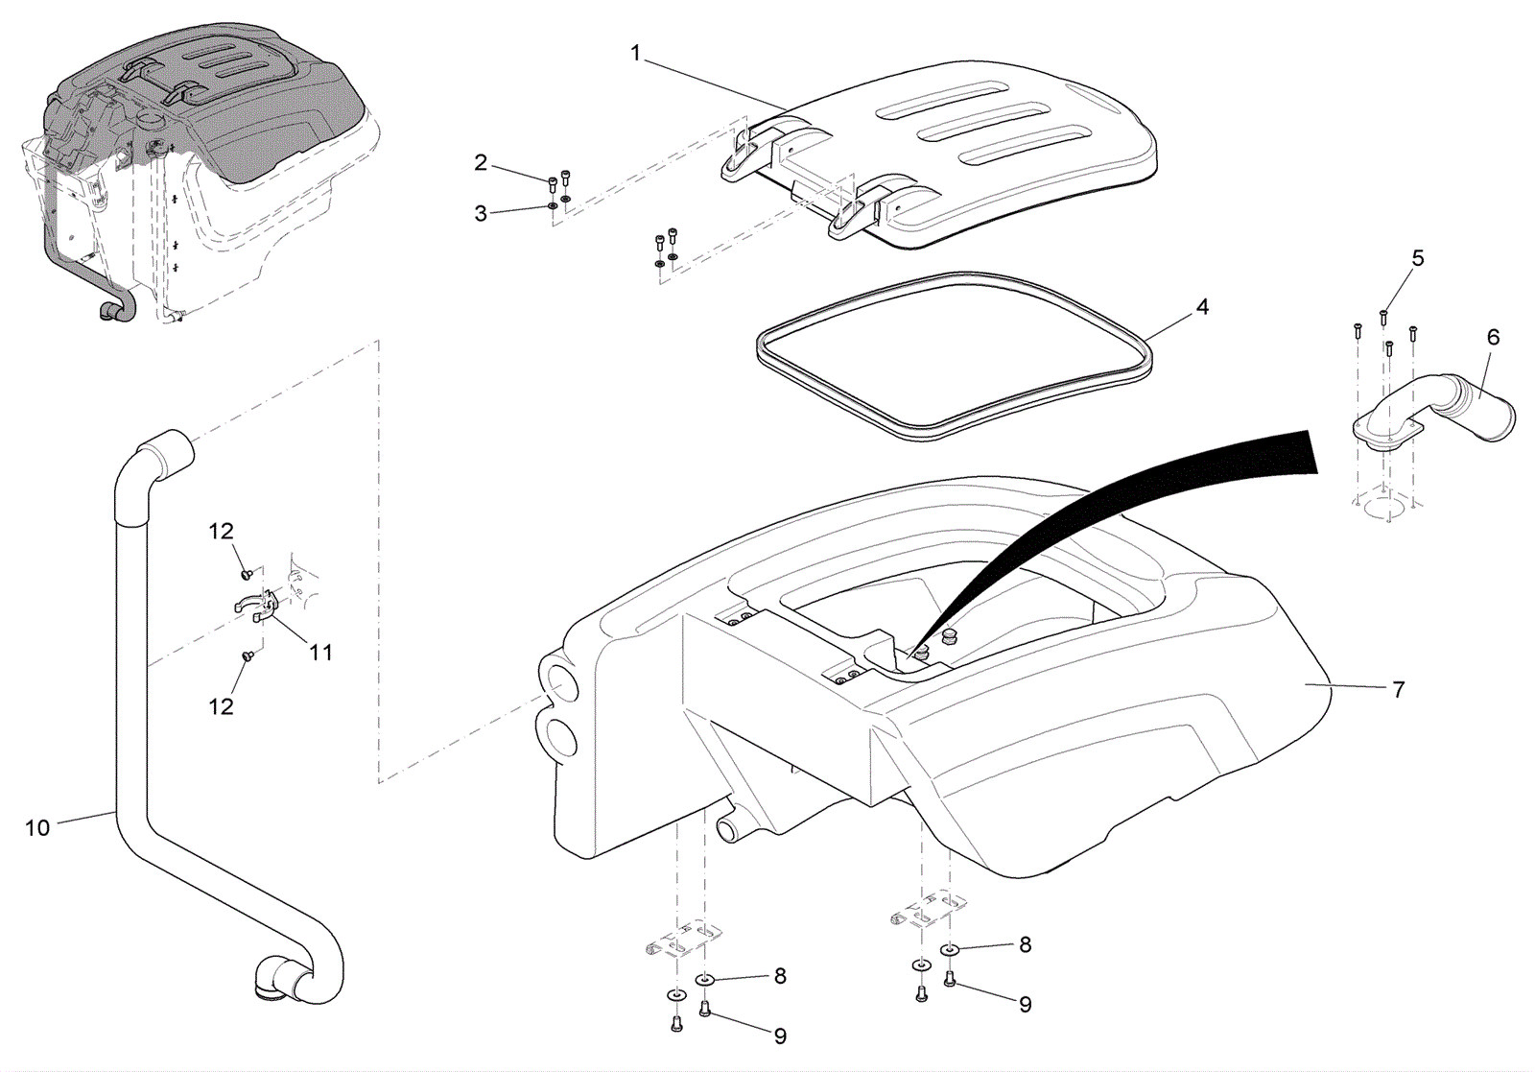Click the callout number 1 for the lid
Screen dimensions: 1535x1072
click(x=635, y=53)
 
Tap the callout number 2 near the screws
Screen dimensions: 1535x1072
click(x=481, y=162)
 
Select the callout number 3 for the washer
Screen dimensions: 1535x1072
click(x=481, y=214)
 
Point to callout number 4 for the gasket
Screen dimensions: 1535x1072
click(x=1202, y=306)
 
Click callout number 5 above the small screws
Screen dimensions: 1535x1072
click(x=1418, y=258)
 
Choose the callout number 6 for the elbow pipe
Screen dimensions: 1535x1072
click(x=1493, y=337)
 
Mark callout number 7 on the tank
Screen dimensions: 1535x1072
click(x=1399, y=689)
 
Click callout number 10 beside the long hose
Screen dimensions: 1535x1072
click(x=37, y=828)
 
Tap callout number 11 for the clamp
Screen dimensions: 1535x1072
click(x=320, y=653)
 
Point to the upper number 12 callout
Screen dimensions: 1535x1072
click(x=222, y=531)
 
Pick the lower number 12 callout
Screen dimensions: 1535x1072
click(x=222, y=706)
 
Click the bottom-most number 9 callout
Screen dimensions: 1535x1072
click(x=780, y=1036)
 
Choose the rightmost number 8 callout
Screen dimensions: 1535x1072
click(x=1026, y=944)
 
